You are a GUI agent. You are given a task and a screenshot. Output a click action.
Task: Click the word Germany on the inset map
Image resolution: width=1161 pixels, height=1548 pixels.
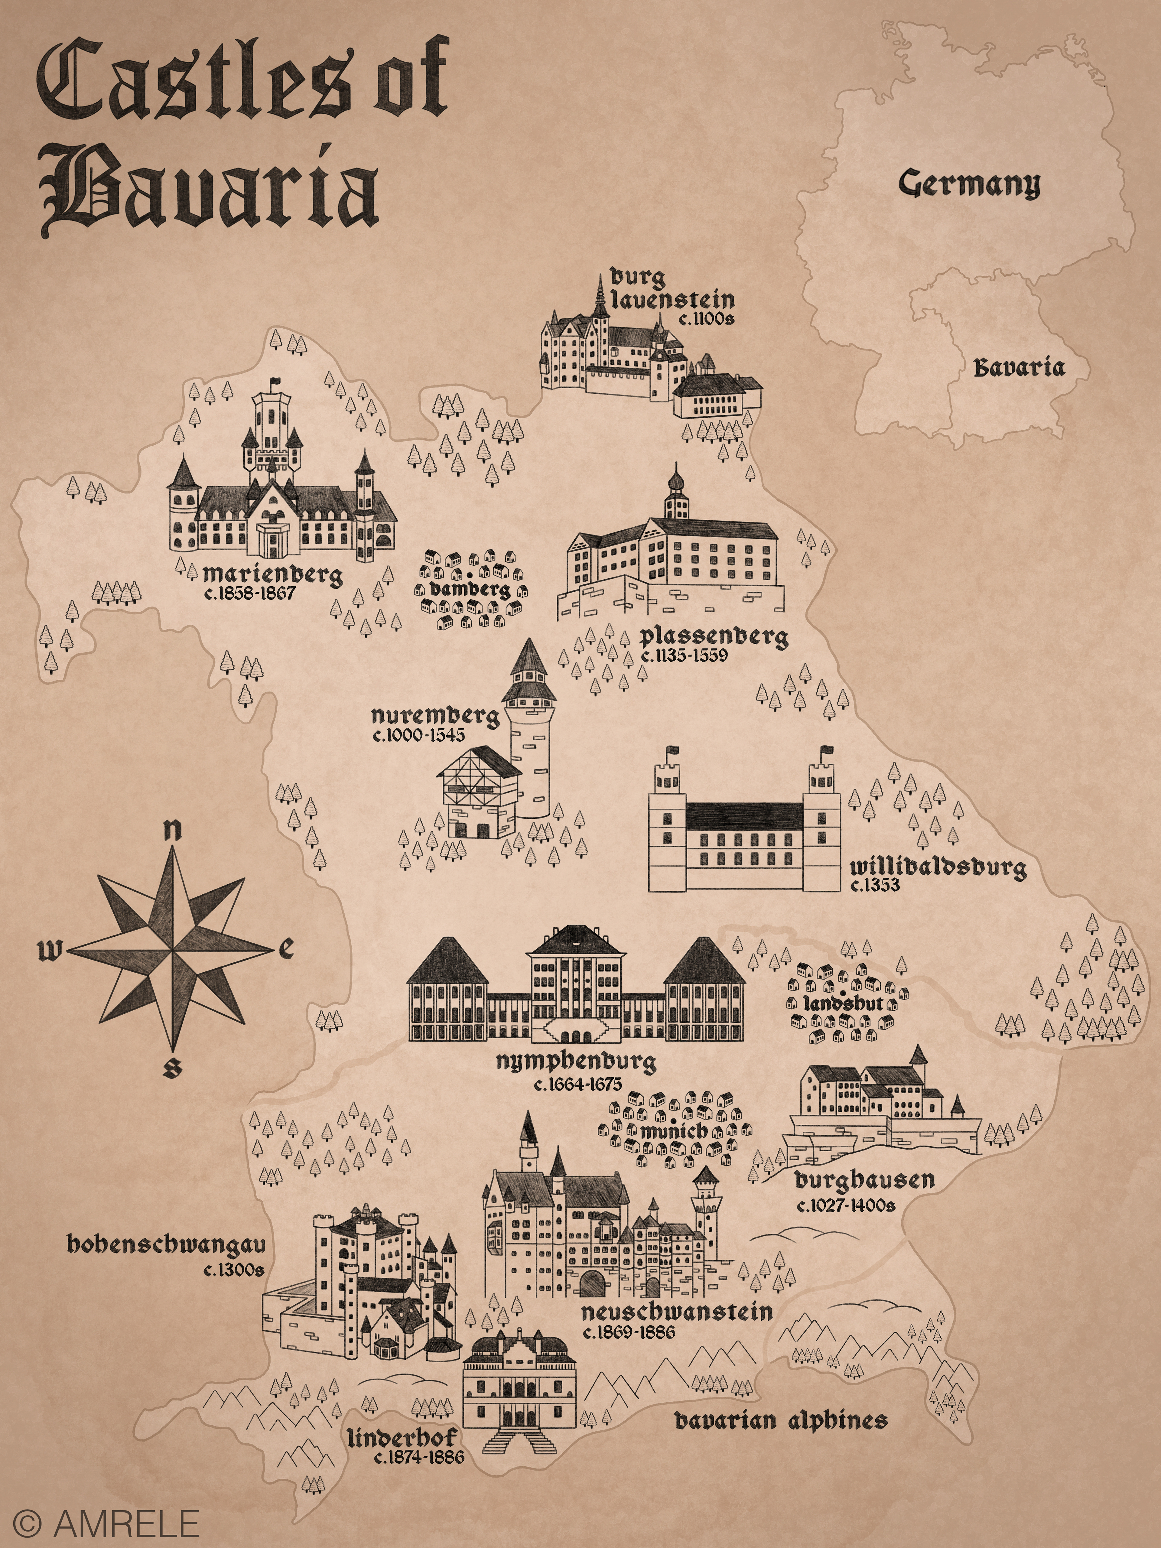[x=969, y=184]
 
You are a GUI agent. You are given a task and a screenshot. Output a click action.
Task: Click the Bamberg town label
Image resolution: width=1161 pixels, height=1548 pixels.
[x=470, y=589]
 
